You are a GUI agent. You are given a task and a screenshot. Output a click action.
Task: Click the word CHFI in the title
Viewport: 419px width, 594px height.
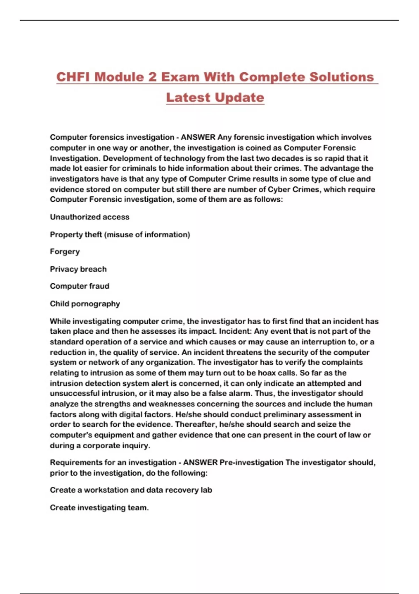(x=72, y=77)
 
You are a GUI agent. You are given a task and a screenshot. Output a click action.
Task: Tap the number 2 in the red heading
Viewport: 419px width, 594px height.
(x=152, y=77)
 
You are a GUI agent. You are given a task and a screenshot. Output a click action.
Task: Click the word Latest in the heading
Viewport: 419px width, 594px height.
(x=187, y=97)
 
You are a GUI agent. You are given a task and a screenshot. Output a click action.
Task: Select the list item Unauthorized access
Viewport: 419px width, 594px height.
(x=89, y=217)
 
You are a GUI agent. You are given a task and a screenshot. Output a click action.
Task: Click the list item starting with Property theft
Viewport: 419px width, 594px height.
(x=120, y=234)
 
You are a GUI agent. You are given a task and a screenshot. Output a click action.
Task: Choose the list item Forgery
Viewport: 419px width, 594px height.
(x=65, y=252)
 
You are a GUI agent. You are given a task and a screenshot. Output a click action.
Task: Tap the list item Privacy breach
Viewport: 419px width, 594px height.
(x=78, y=269)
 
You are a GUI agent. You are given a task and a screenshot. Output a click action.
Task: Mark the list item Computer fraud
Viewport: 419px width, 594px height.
(x=80, y=286)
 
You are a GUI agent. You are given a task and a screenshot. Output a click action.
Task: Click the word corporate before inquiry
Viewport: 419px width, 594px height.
(x=101, y=445)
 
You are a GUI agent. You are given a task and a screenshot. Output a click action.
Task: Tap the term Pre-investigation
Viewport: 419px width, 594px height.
(x=251, y=463)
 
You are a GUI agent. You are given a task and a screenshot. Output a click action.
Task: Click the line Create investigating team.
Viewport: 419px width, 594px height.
(x=99, y=508)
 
